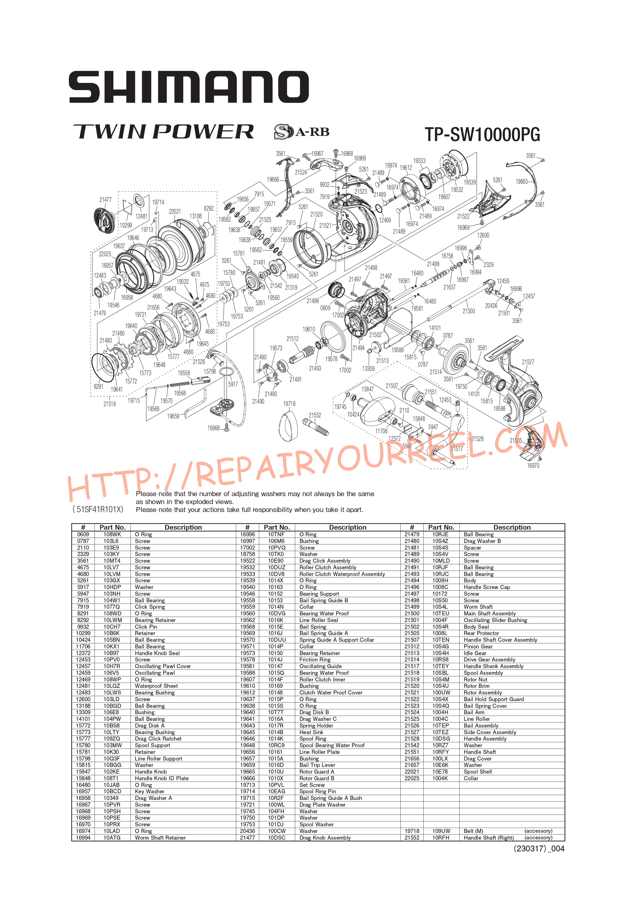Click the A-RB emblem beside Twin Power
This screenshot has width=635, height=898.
(x=302, y=132)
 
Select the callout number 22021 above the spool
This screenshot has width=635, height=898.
(x=175, y=212)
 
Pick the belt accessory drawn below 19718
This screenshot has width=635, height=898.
(x=290, y=426)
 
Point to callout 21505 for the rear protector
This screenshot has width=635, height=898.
(x=516, y=440)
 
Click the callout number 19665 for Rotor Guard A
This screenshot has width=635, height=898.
(x=522, y=181)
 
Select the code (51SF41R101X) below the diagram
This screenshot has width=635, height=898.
(x=98, y=509)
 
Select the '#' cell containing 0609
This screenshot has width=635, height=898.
(x=83, y=534)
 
